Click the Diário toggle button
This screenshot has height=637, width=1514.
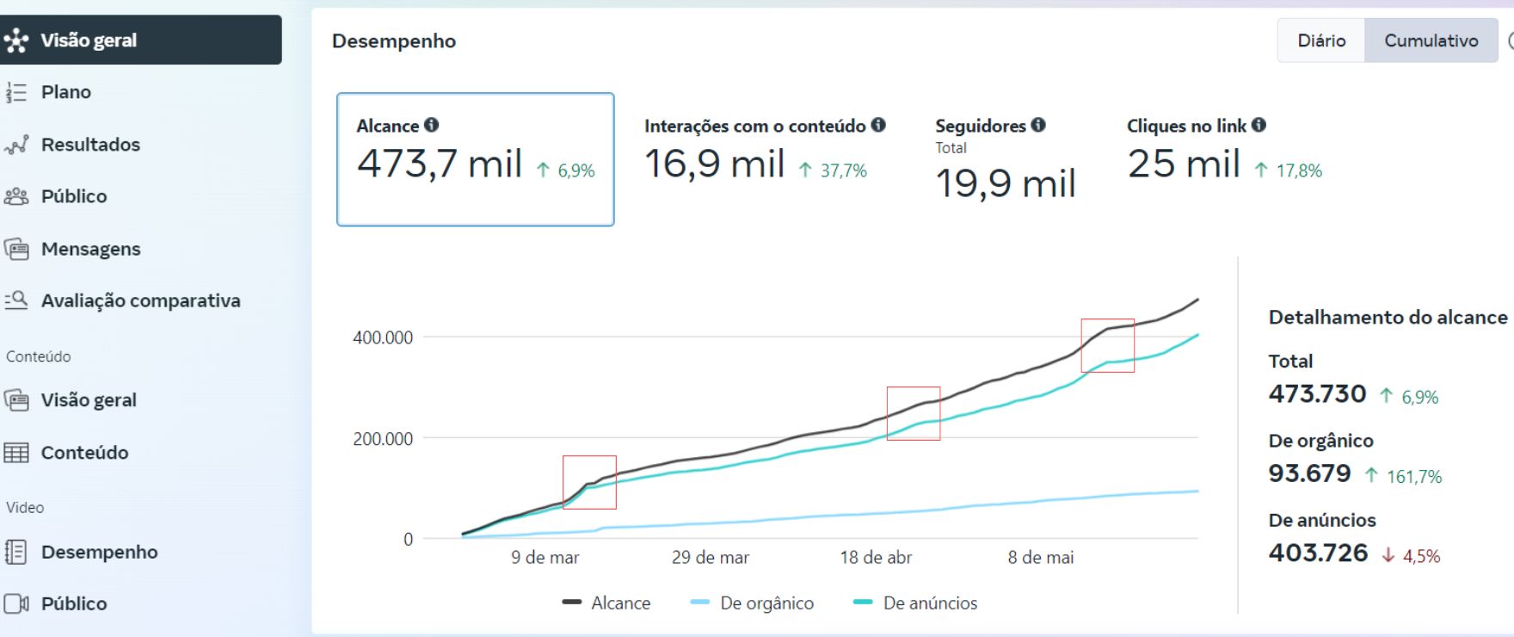click(1321, 40)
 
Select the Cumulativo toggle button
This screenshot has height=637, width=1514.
click(1431, 40)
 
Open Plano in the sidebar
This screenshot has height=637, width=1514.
click(65, 92)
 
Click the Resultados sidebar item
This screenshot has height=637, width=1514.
click(90, 145)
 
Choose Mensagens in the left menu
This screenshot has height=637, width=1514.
click(90, 249)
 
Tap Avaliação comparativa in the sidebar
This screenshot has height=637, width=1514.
click(140, 300)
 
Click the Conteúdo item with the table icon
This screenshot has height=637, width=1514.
click(84, 453)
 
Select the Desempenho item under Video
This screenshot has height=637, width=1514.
click(99, 552)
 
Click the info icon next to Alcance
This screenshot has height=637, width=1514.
click(432, 125)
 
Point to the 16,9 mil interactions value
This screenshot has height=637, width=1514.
click(714, 164)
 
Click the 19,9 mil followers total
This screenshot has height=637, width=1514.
click(1005, 182)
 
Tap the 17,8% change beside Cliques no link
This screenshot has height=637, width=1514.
click(1298, 170)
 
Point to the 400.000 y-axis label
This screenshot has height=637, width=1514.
click(383, 337)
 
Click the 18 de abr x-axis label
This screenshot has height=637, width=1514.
click(876, 558)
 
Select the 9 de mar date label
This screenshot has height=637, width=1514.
click(545, 558)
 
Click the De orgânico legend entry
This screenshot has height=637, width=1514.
click(766, 603)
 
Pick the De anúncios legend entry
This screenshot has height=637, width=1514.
click(929, 603)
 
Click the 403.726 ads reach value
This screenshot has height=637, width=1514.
click(1318, 553)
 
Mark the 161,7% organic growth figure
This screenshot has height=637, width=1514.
click(1413, 476)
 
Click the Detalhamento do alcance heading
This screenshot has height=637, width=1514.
click(1388, 318)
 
